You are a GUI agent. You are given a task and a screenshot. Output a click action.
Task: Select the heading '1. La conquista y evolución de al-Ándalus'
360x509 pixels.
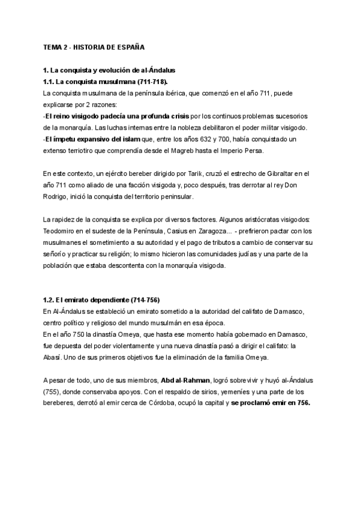click(x=109, y=71)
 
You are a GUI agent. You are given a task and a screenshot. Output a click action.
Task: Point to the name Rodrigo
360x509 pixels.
click(x=58, y=197)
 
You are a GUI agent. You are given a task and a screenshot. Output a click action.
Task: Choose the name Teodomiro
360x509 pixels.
click(x=62, y=230)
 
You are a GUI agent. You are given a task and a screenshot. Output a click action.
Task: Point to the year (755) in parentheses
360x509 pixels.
click(x=52, y=393)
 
